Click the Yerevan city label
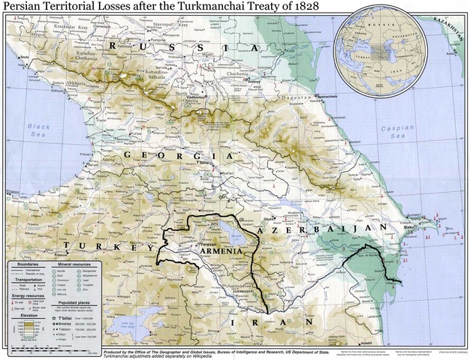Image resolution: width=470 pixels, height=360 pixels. click(x=210, y=244)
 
